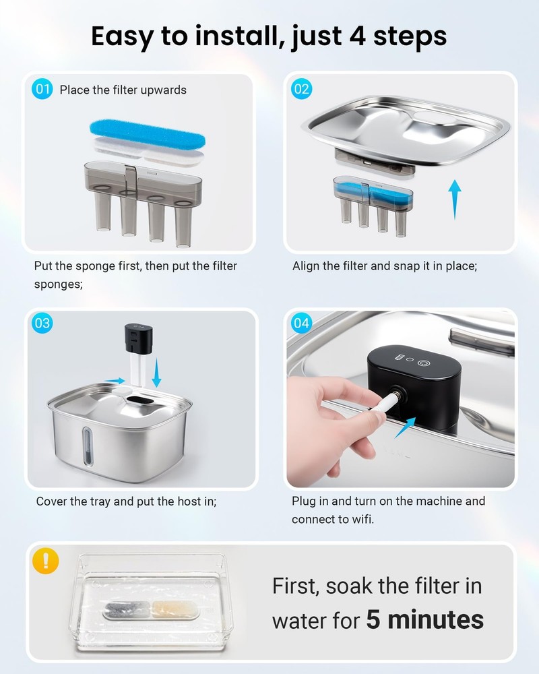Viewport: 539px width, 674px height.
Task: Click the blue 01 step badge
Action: tap(42, 89)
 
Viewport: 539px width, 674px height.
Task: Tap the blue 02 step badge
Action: tap(301, 89)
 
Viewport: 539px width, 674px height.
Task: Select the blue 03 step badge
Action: tap(42, 323)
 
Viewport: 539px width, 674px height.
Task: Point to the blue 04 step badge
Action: tap(301, 323)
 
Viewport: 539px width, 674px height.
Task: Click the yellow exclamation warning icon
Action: tap(46, 561)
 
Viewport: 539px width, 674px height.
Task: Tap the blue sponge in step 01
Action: tap(148, 134)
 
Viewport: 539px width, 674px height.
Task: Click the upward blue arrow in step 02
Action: tap(454, 200)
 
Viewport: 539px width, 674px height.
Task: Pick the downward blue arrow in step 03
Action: tap(156, 373)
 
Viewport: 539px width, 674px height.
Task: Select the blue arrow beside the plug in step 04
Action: tap(405, 427)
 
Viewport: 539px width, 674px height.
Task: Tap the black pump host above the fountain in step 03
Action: tap(138, 339)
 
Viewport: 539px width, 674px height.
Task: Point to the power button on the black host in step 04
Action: tap(424, 363)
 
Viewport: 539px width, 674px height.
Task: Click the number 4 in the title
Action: tap(357, 36)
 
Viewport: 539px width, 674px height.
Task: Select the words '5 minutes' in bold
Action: tap(424, 619)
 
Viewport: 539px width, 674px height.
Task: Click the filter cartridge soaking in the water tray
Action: tap(151, 611)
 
